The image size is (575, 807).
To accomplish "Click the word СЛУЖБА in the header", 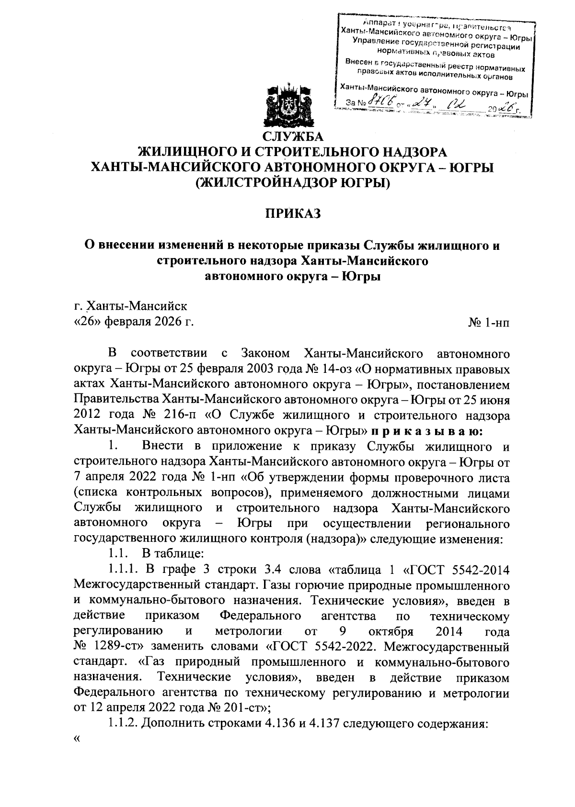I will [x=292, y=137].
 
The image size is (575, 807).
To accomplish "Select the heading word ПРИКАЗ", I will [x=292, y=214].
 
